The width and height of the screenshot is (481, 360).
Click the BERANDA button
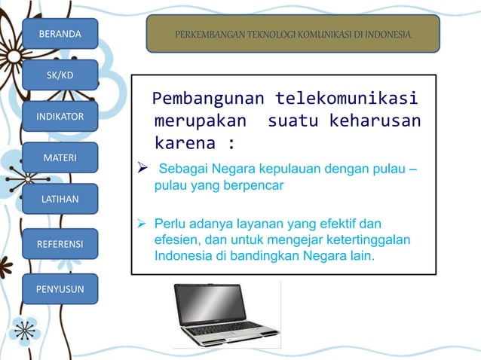pos(60,34)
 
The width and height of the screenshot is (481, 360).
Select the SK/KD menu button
pos(60,75)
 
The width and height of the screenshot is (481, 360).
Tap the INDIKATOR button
pos(60,116)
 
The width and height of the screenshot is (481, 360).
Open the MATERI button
pos(60,157)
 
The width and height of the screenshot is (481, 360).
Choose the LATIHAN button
pos(60,199)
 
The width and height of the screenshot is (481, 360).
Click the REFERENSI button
pos(60,244)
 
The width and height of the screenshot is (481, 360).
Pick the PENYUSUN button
pos(60,288)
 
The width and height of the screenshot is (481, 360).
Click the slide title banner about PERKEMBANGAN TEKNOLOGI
pos(293,35)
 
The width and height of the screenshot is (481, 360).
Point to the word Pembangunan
pos(207,99)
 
